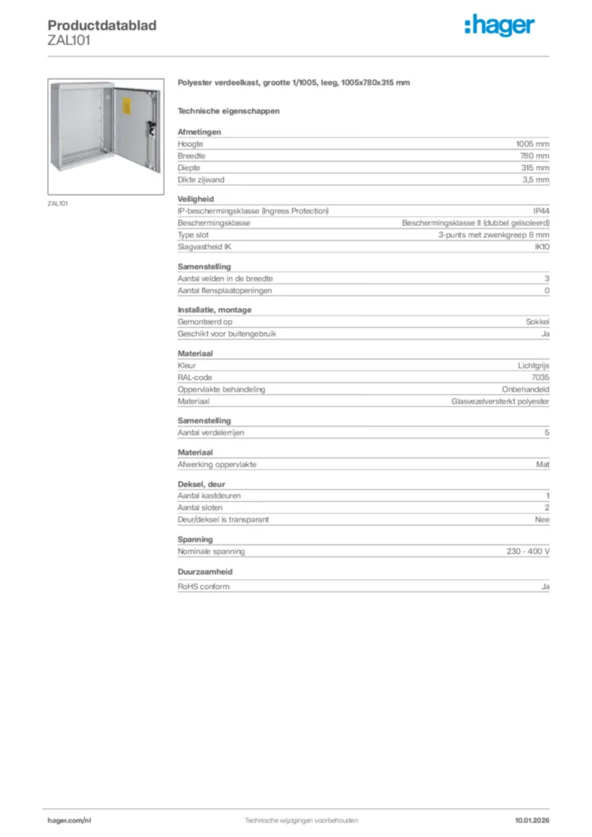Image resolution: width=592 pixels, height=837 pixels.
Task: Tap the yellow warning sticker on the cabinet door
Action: tap(127, 105)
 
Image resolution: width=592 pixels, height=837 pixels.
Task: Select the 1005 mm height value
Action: tap(533, 143)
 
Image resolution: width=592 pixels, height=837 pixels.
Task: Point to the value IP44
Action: tap(540, 210)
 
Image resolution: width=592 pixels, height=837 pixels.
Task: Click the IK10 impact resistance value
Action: tap(541, 246)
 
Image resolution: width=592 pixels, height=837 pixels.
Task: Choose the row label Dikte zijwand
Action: tap(201, 179)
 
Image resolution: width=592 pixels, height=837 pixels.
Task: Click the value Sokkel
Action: tap(537, 322)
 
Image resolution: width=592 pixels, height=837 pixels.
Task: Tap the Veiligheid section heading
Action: tap(195, 199)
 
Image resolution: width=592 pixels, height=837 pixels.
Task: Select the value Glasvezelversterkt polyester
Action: tap(500, 401)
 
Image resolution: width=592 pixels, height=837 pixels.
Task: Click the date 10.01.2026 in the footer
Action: tap(531, 820)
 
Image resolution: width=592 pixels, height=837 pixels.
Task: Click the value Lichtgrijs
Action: tap(533, 365)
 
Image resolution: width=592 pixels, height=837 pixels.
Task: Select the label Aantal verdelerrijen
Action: tap(212, 432)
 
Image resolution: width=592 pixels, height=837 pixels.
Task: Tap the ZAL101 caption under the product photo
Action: tap(57, 203)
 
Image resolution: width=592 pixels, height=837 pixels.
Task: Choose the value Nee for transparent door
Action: tap(542, 519)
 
